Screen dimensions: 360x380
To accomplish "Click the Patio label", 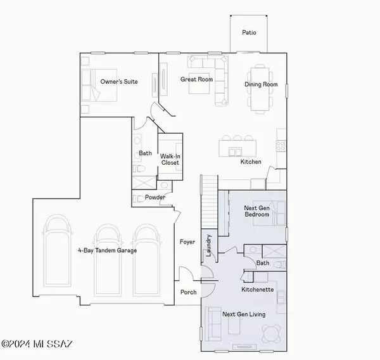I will (249, 32).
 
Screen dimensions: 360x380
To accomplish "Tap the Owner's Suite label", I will (119, 81).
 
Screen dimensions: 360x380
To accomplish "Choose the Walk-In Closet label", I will (170, 158).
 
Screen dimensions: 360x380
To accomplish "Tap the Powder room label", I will (155, 197).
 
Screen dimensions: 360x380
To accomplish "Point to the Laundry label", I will (208, 245).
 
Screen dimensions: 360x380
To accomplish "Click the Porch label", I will (188, 292).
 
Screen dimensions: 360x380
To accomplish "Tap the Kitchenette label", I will (257, 289).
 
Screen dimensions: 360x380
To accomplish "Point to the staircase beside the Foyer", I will (210, 200).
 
